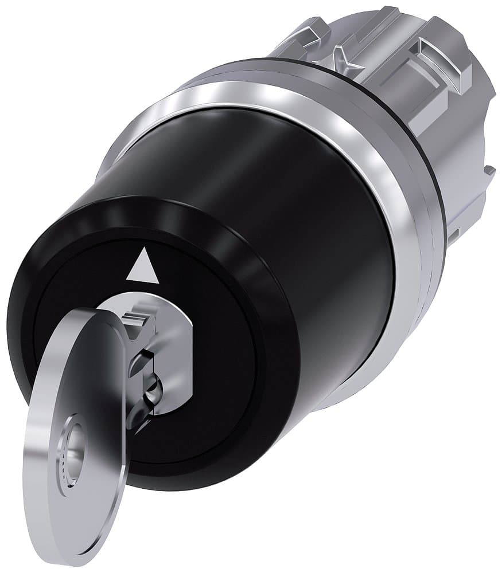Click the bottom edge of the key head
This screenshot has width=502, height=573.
(92, 564)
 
